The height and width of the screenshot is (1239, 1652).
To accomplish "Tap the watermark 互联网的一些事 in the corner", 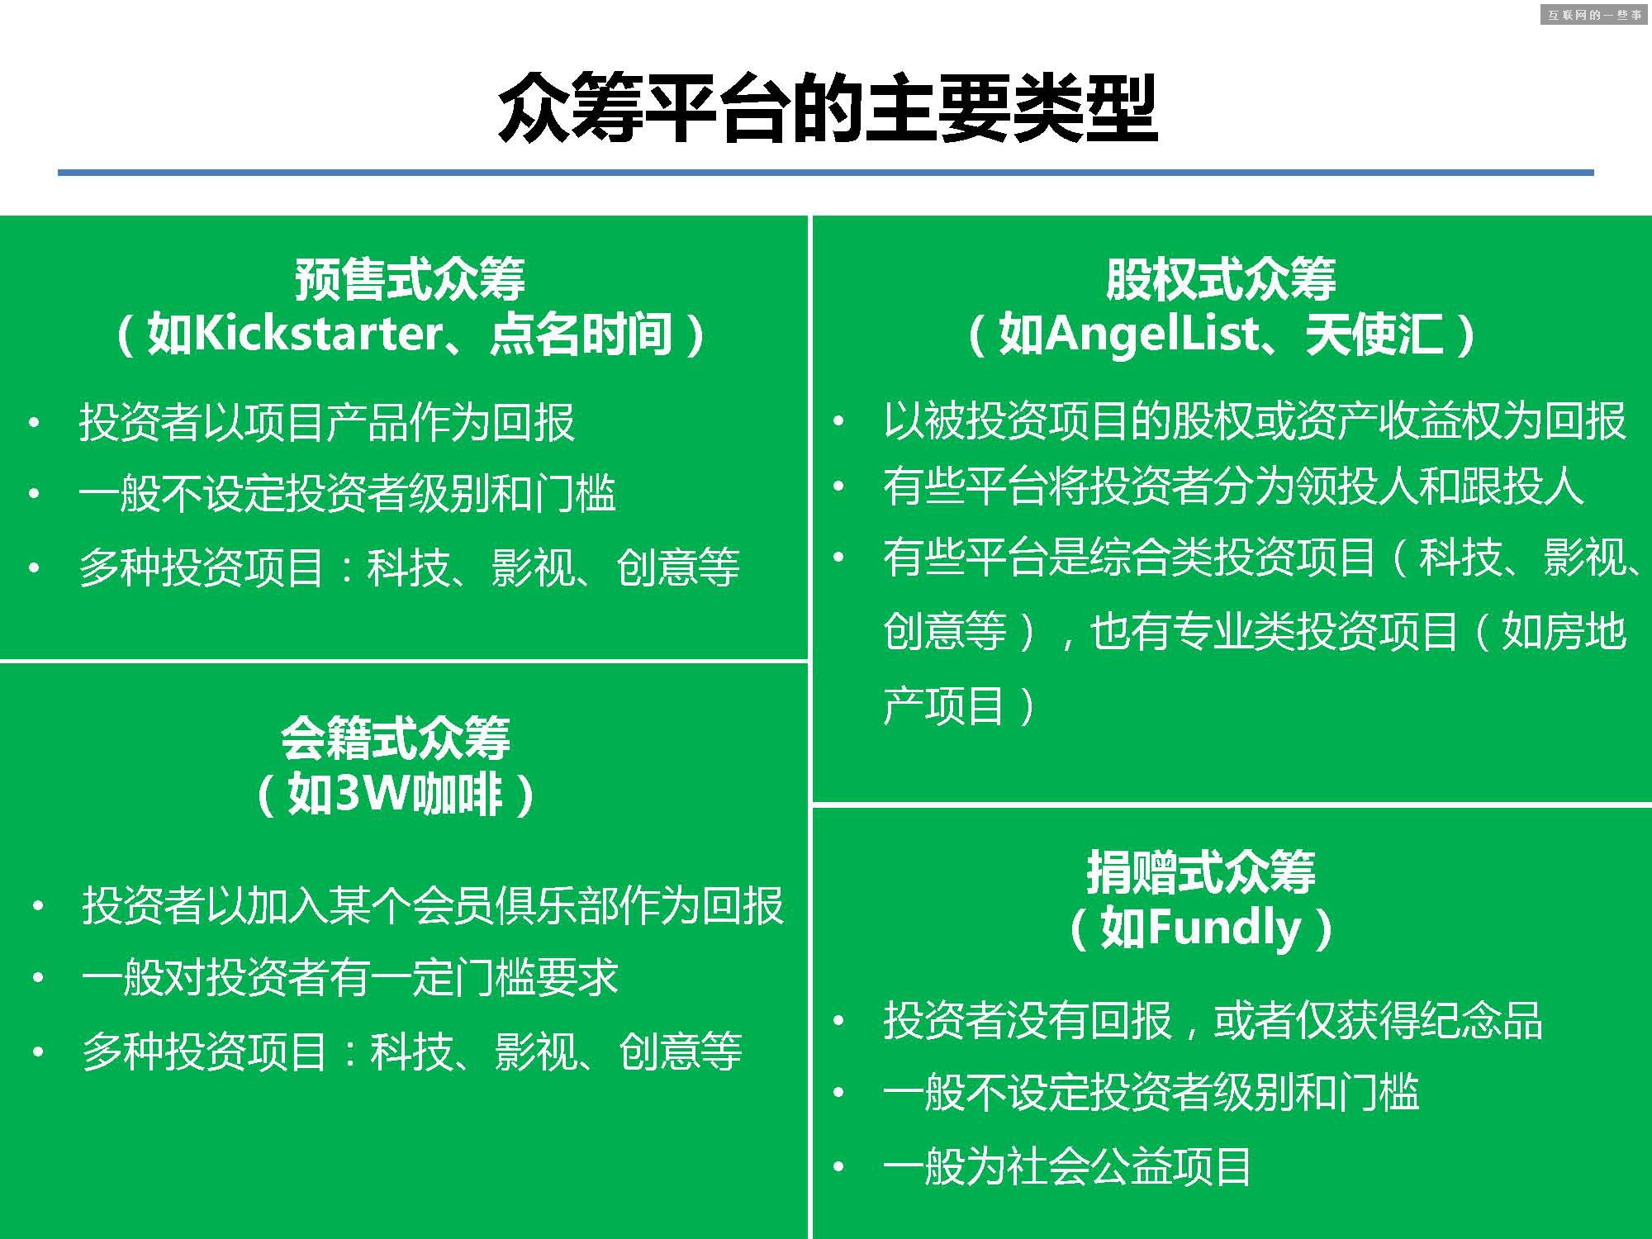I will [1594, 15].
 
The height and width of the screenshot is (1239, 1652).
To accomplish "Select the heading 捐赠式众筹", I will [1200, 872].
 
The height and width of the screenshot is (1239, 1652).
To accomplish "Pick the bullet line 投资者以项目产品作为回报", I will [327, 422].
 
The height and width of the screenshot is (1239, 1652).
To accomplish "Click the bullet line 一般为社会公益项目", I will [1067, 1167].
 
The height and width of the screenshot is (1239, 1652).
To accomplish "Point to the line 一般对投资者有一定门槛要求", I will [350, 978].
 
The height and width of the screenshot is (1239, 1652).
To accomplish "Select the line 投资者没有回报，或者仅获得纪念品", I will [1213, 1021].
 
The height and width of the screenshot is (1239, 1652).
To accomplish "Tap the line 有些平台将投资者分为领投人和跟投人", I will [1233, 486].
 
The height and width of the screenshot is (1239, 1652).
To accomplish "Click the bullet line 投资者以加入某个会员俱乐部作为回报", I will [433, 905].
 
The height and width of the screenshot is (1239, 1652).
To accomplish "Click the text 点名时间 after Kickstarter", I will [581, 334].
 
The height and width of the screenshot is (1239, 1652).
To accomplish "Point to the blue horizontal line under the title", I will [826, 173].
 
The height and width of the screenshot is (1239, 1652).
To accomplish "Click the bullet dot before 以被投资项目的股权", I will [838, 421].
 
